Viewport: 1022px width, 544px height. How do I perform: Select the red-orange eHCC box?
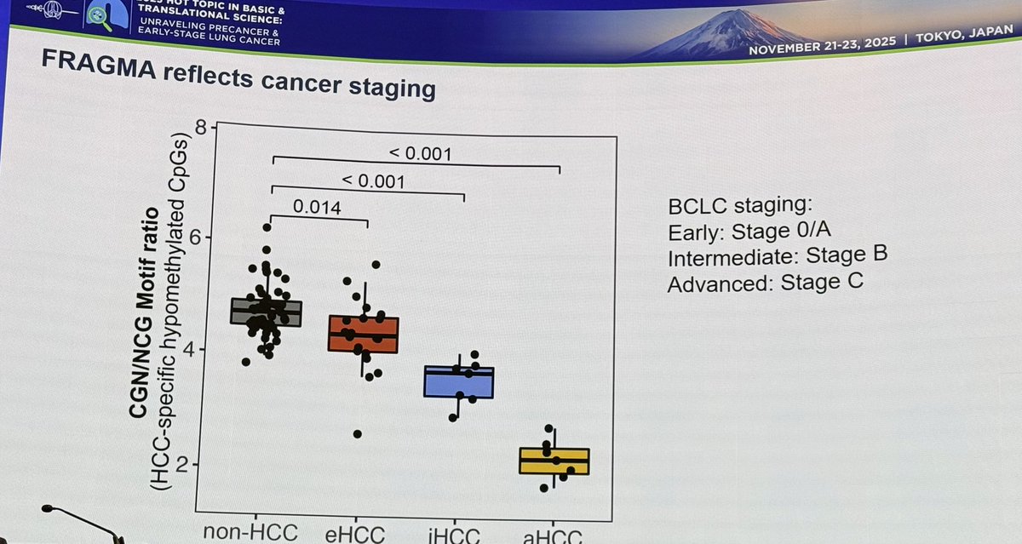pos(364,335)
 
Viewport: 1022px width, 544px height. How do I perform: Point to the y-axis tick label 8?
pos(201,129)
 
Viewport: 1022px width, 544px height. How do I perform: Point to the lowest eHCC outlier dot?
pos(358,434)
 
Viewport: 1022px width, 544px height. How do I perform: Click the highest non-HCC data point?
pos(267,227)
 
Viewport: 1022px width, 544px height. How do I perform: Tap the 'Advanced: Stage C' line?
pos(765,283)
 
